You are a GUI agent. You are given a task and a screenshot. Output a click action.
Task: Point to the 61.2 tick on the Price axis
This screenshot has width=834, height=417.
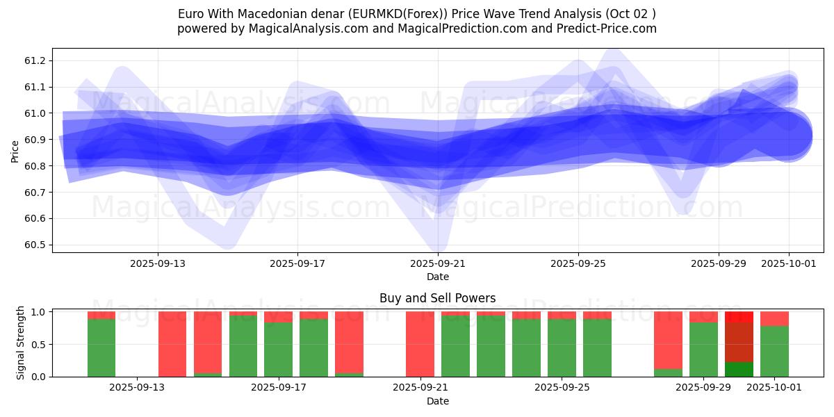click(34, 61)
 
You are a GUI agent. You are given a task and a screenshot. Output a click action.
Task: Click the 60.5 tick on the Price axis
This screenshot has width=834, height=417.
click(34, 245)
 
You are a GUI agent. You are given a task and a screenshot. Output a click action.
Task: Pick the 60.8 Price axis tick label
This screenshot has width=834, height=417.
click(34, 166)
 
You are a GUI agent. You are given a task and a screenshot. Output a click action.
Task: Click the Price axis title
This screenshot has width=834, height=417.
click(15, 152)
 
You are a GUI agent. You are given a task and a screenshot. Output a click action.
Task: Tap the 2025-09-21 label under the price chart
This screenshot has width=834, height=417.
click(438, 264)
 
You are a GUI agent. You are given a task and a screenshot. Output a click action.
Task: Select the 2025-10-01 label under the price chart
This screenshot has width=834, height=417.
click(789, 264)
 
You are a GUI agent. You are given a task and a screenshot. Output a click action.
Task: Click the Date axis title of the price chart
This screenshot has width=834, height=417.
click(438, 277)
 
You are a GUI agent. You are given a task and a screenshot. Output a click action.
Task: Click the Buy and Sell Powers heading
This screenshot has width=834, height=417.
click(438, 298)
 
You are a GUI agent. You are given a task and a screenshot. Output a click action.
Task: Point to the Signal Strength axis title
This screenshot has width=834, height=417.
click(21, 343)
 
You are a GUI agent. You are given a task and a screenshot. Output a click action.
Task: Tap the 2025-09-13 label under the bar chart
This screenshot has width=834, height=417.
click(138, 388)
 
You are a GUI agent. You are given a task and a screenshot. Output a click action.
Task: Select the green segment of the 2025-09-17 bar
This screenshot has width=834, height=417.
click(278, 350)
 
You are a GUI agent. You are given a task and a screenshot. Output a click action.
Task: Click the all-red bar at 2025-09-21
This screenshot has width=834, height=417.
click(420, 344)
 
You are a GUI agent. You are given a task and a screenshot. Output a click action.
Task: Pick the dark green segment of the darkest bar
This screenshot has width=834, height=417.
click(739, 369)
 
